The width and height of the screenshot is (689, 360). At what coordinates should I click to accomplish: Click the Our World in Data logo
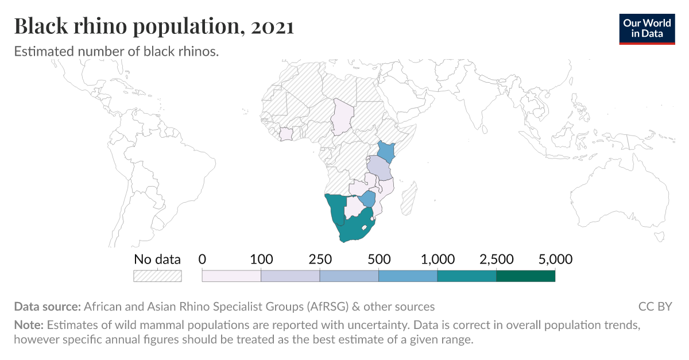[x=647, y=27]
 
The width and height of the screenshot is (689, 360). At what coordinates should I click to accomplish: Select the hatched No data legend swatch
[x=157, y=276]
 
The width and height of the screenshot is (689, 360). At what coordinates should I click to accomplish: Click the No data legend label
[x=157, y=260]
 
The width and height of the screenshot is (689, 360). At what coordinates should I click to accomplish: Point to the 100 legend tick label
[x=262, y=260]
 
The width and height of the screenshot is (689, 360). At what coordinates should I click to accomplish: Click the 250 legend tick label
[x=320, y=260]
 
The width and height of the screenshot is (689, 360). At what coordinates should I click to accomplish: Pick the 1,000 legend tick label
[x=438, y=260]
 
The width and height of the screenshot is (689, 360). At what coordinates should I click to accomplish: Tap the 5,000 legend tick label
[x=555, y=260]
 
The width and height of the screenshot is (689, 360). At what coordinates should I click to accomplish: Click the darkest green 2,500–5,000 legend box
[x=525, y=276]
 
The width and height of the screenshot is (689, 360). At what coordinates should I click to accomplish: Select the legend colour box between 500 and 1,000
[x=408, y=276]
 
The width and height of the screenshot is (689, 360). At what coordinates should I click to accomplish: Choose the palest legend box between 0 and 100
[x=231, y=276]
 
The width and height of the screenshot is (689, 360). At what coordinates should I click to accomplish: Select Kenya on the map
[x=386, y=152]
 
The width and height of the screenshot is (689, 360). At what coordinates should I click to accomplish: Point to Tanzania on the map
[x=379, y=168]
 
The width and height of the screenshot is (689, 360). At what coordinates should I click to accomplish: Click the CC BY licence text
[x=655, y=306]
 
